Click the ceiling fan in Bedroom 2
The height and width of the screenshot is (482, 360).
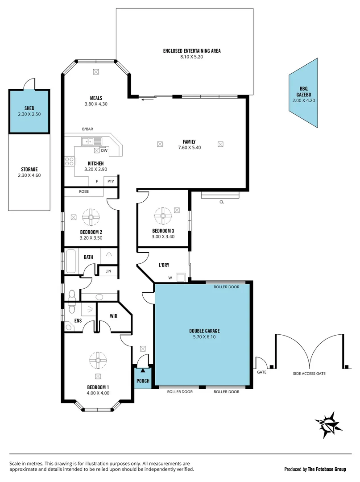tap(91, 217)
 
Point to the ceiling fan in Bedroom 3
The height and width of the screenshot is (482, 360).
tap(163, 216)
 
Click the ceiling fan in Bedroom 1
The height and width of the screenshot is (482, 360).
tap(98, 359)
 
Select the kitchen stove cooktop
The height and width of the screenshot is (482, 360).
tap(69, 161)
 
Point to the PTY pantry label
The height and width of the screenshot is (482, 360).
tap(110, 181)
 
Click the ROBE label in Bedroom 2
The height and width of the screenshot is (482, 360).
tap(84, 191)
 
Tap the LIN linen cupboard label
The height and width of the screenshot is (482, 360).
tap(108, 271)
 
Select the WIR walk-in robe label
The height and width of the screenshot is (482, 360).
tap(113, 316)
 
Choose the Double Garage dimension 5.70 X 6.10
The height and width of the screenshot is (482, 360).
tap(204, 337)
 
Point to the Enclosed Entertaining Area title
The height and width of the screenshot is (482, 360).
tap(192, 51)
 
